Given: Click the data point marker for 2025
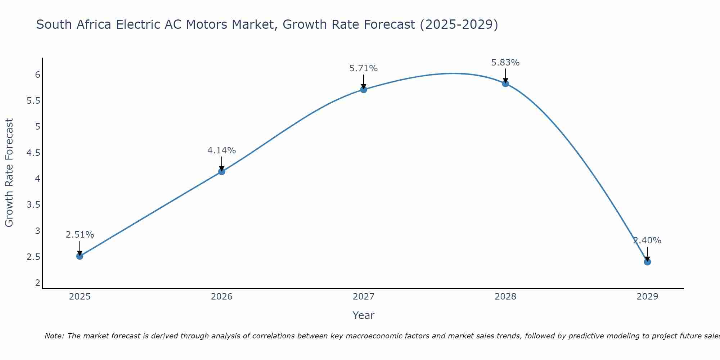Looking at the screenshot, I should pyautogui.click(x=80, y=256).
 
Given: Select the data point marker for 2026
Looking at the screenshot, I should pyautogui.click(x=221, y=172).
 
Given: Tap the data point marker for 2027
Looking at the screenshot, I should pyautogui.click(x=364, y=90).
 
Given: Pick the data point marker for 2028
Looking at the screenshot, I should pyautogui.click(x=505, y=84).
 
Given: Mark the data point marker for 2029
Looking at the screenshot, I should pyautogui.click(x=647, y=262).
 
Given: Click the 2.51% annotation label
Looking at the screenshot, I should pyautogui.click(x=80, y=235).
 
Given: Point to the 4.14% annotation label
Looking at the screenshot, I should pyautogui.click(x=221, y=150).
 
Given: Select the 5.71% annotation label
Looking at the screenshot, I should pyautogui.click(x=364, y=68).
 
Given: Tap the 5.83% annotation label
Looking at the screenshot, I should pyautogui.click(x=505, y=62).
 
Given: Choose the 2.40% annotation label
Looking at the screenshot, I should pyautogui.click(x=647, y=240).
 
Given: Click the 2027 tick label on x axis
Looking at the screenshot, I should pyautogui.click(x=364, y=297).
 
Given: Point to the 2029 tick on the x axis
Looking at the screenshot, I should pyautogui.click(x=647, y=297).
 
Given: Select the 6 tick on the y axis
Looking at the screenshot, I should pyautogui.click(x=37, y=75).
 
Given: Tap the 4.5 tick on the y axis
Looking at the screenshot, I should pyautogui.click(x=33, y=153).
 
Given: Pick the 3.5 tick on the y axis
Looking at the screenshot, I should pyautogui.click(x=33, y=205).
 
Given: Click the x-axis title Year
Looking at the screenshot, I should pyautogui.click(x=364, y=315).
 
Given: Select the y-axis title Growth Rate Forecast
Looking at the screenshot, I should pyautogui.click(x=9, y=173).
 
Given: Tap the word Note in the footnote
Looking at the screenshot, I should pyautogui.click(x=54, y=336).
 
